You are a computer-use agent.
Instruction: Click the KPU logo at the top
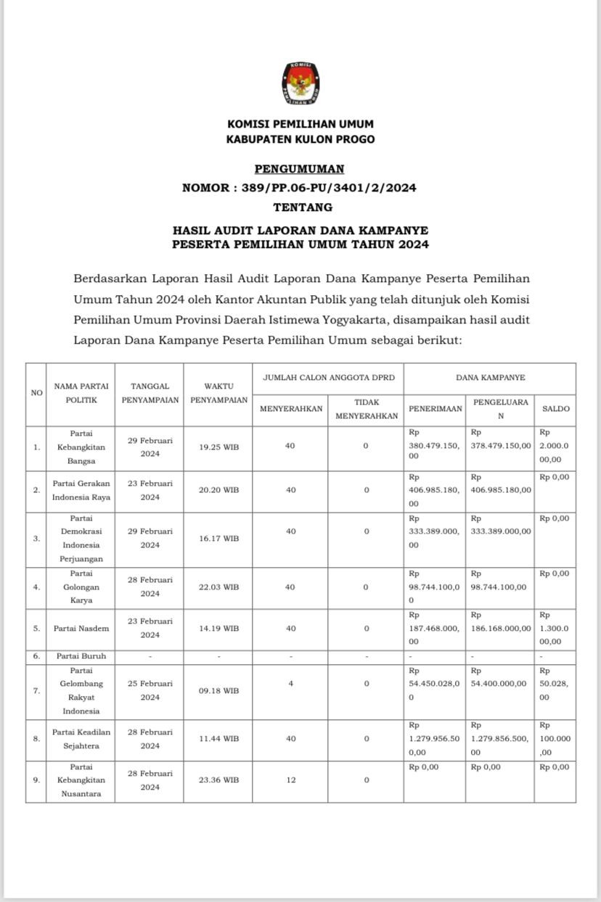[x=300, y=83]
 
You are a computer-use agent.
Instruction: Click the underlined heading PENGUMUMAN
[x=300, y=169]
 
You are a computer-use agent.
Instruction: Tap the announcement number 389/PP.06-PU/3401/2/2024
[x=326, y=188]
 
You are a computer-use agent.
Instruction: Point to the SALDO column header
[x=555, y=409]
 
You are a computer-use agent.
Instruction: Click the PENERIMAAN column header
[x=435, y=409]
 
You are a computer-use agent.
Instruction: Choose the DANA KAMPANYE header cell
[x=490, y=377]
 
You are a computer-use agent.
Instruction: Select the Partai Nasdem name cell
[x=80, y=628]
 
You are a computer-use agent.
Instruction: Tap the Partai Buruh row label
[x=81, y=656]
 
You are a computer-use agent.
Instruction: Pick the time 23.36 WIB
[x=218, y=780]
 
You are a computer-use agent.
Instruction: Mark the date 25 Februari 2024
[x=150, y=690]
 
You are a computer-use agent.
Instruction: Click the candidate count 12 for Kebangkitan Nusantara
[x=290, y=780]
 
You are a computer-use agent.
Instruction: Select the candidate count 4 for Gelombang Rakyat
[x=290, y=684]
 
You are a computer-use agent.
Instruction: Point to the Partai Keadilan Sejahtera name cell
[x=81, y=739]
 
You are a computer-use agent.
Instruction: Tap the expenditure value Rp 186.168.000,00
[x=501, y=628]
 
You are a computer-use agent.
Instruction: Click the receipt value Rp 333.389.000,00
[x=434, y=531]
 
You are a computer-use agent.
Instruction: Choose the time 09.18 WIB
[x=218, y=691]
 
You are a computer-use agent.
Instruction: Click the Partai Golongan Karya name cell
[x=81, y=587]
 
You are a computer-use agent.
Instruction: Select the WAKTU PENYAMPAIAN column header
[x=218, y=393]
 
